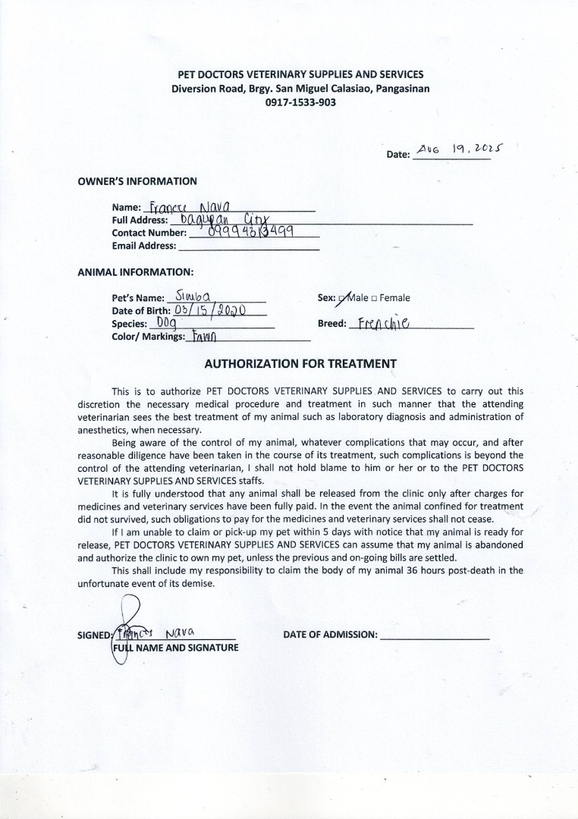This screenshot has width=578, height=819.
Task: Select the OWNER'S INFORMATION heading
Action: [x=137, y=181]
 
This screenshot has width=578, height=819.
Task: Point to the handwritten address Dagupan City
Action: [x=221, y=219]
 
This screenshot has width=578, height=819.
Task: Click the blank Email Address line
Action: [x=248, y=246]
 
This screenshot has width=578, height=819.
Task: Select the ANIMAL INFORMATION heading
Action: [x=135, y=271]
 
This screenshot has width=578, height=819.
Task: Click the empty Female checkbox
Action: [x=375, y=299]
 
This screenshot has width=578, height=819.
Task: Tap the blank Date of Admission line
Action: [x=434, y=635]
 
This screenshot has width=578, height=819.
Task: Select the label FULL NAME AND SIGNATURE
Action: [x=175, y=648]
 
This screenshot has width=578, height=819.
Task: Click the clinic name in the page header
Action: [x=300, y=75]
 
